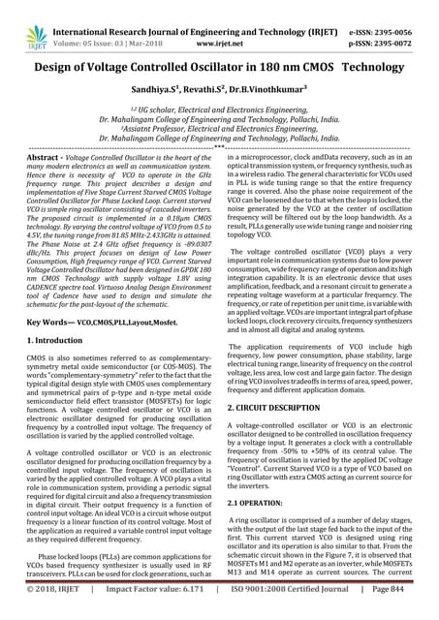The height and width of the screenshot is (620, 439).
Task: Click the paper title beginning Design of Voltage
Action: (219, 69)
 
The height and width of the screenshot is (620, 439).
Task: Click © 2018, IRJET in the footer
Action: (51, 611)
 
